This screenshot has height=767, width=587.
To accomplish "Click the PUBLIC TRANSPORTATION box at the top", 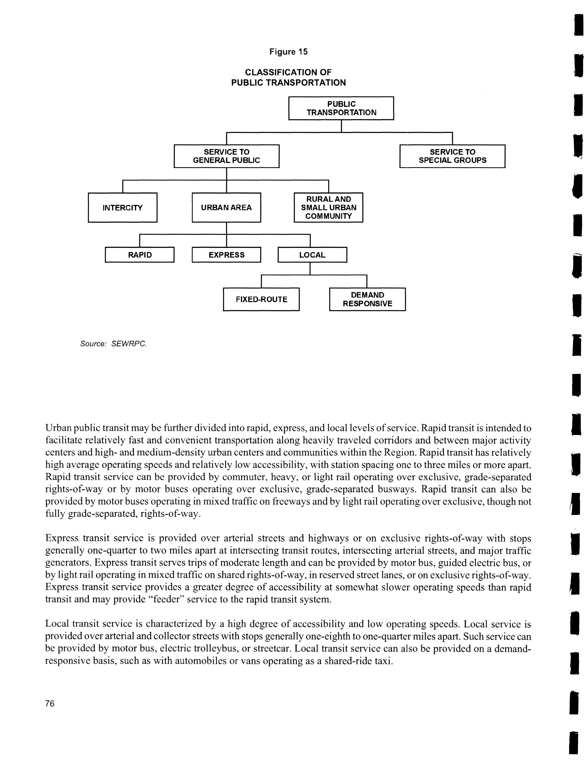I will pyautogui.click(x=341, y=108).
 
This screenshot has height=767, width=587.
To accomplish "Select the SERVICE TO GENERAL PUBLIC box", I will pyautogui.click(x=226, y=156).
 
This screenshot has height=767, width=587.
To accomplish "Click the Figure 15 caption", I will pyautogui.click(x=288, y=52).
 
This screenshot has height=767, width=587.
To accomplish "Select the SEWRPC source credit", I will pyautogui.click(x=129, y=344).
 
